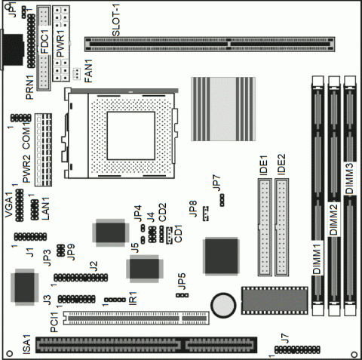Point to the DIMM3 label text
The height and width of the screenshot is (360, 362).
pyautogui.click(x=349, y=176)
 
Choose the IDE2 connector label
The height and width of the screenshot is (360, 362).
pyautogui.click(x=281, y=165)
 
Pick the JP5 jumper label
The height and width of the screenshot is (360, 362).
pyautogui.click(x=181, y=281)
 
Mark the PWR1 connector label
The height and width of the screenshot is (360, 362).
pyautogui.click(x=62, y=37)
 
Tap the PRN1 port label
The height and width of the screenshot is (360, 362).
pyautogui.click(x=31, y=84)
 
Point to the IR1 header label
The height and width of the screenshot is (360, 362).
pyautogui.click(x=133, y=297)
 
